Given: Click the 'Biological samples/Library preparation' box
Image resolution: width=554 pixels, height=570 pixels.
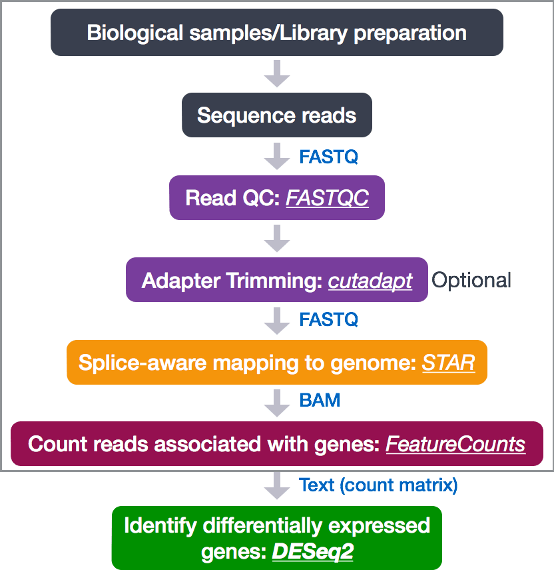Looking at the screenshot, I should [276, 33].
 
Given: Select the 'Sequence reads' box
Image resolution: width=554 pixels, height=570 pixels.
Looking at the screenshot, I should [276, 115].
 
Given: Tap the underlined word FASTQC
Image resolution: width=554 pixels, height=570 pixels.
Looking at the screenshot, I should [327, 198].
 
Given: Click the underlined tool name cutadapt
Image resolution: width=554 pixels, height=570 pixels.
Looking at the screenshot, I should [370, 281].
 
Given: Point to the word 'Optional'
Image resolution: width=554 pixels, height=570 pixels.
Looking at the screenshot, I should [471, 280].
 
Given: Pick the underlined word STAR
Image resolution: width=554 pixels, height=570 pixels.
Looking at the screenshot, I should [448, 363].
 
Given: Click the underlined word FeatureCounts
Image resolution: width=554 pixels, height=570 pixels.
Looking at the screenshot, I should [455, 444].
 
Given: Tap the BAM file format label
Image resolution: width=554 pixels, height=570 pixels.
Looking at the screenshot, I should [320, 400].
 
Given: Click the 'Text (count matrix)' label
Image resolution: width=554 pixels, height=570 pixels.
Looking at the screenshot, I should [378, 485].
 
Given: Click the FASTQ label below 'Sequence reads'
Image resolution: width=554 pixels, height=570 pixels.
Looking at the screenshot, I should [328, 157].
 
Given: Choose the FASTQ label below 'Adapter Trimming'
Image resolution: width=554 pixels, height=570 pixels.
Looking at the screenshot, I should [328, 319].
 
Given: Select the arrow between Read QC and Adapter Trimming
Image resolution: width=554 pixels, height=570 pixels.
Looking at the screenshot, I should [276, 238].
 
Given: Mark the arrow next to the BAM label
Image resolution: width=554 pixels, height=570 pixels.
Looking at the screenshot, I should [276, 401].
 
